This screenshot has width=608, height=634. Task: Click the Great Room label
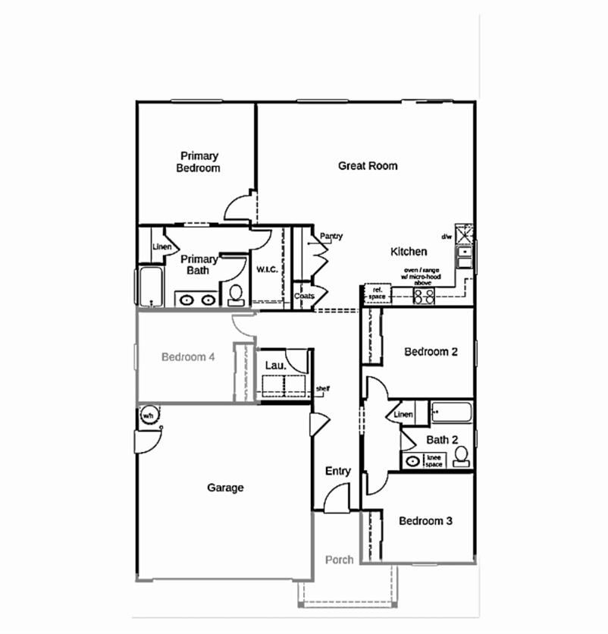[367, 165]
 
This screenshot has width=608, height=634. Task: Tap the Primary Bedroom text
[199, 162]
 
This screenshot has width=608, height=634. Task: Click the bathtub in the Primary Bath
[151, 286]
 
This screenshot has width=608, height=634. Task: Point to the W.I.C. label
[267, 269]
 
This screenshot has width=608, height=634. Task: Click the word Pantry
[331, 237]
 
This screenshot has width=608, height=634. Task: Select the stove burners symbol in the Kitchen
[423, 295]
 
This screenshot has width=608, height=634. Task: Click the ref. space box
[376, 292]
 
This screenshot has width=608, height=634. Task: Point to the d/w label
[447, 236]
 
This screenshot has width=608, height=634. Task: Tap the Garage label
[225, 488]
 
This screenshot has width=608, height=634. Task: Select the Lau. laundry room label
[275, 366]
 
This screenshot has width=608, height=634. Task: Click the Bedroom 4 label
[189, 356]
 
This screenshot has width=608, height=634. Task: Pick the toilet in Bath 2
[460, 456]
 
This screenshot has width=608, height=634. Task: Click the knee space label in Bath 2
[434, 460]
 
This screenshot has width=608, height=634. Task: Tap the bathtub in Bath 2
[452, 413]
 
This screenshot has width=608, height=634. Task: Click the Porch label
[339, 560]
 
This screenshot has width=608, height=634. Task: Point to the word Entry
[337, 471]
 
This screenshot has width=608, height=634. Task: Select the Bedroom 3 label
[425, 521]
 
